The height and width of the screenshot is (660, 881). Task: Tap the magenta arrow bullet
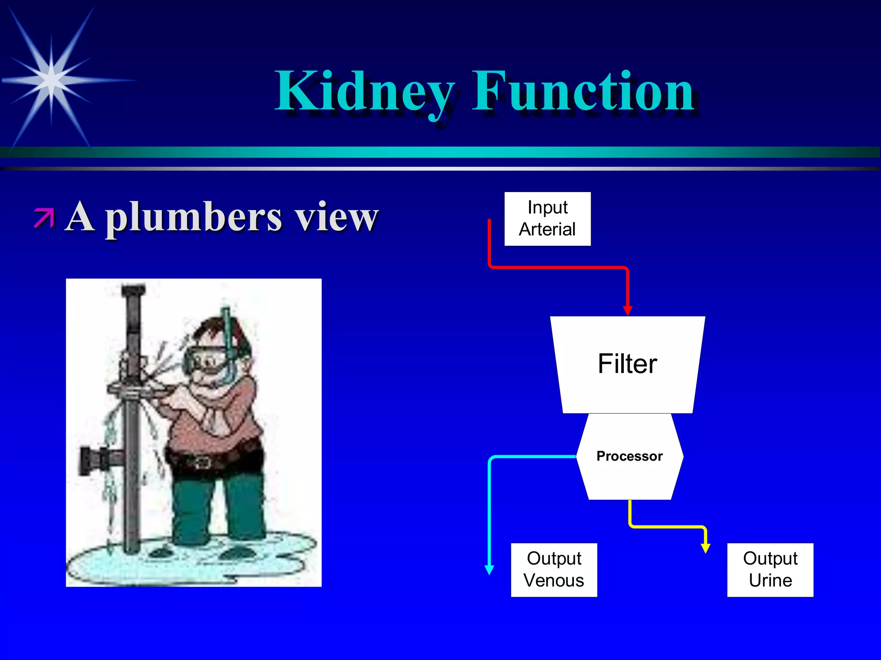pyautogui.click(x=44, y=218)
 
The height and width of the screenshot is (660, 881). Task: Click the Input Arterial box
pyautogui.click(x=547, y=219)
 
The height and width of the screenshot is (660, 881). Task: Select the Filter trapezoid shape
pyautogui.click(x=627, y=364)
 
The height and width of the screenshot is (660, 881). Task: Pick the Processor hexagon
pyautogui.click(x=629, y=456)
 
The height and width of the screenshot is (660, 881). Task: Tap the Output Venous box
pyautogui.click(x=554, y=570)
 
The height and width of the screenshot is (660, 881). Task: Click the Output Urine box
pyautogui.click(x=770, y=570)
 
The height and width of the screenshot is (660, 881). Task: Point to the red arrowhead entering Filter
pyautogui.click(x=628, y=310)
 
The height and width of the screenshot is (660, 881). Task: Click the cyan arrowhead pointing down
pyautogui.click(x=489, y=570)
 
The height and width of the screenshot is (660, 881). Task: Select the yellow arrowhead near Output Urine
pyautogui.click(x=705, y=548)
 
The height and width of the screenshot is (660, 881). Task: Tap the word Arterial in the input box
pyautogui.click(x=547, y=229)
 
